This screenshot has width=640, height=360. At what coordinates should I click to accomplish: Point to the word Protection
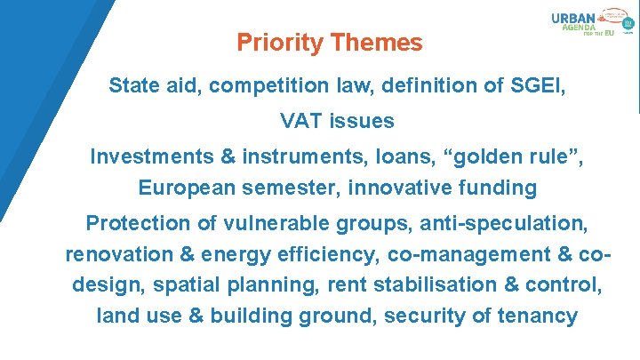click(x=138, y=222)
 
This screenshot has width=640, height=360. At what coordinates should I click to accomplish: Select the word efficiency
click(x=324, y=254)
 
